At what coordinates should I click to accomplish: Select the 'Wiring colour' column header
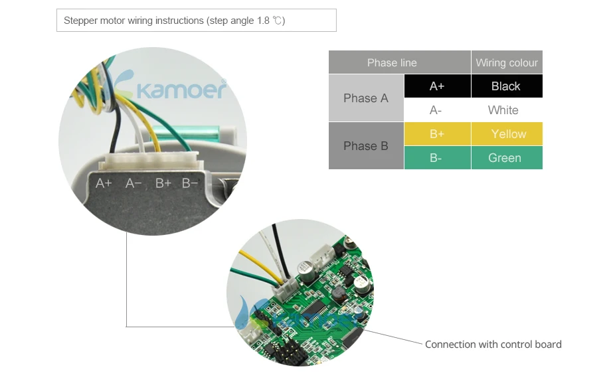(507, 62)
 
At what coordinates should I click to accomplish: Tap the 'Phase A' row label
(366, 98)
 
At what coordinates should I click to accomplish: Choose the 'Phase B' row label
(366, 146)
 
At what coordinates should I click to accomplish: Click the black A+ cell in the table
(437, 86)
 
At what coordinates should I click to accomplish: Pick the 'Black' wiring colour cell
(507, 86)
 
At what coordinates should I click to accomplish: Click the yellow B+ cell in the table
(437, 134)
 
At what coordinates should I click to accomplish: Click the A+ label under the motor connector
(104, 183)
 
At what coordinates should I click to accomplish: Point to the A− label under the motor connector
(133, 183)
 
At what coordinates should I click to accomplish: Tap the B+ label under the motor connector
(163, 183)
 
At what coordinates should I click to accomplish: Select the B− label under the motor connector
(190, 183)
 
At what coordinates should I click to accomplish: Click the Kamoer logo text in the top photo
(181, 90)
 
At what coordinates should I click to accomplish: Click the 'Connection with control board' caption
(493, 345)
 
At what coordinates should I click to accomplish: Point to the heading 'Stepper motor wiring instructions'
(133, 20)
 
